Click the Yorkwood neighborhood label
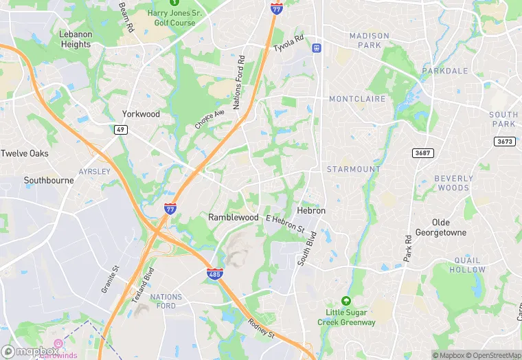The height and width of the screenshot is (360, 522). (141, 114)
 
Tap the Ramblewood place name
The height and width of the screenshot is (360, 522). (234, 217)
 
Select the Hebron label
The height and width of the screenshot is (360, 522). (311, 210)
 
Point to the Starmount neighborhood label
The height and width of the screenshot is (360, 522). (353, 169)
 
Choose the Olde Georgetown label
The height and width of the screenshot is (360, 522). (449, 227)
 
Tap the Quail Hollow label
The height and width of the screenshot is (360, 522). (477, 265)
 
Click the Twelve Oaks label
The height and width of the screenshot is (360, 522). (25, 153)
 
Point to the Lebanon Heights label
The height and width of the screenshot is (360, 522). (76, 39)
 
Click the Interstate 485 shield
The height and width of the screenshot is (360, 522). (214, 274)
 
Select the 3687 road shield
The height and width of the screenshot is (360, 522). (422, 153)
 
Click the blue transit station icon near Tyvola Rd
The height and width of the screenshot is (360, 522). (316, 47)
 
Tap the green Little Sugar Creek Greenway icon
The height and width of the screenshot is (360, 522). (346, 301)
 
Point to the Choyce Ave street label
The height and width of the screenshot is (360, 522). (209, 119)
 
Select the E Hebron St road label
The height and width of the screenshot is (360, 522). (284, 222)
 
